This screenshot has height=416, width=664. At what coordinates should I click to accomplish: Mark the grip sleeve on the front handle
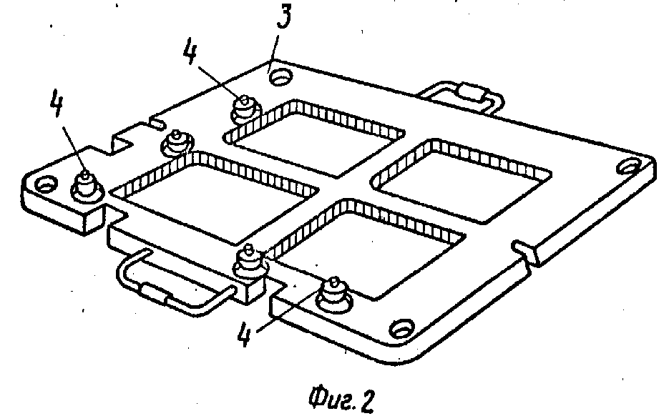click(155, 293)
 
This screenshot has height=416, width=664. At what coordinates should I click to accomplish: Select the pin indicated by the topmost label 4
click(243, 109)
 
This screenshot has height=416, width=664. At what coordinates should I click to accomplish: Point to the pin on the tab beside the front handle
click(249, 264)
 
